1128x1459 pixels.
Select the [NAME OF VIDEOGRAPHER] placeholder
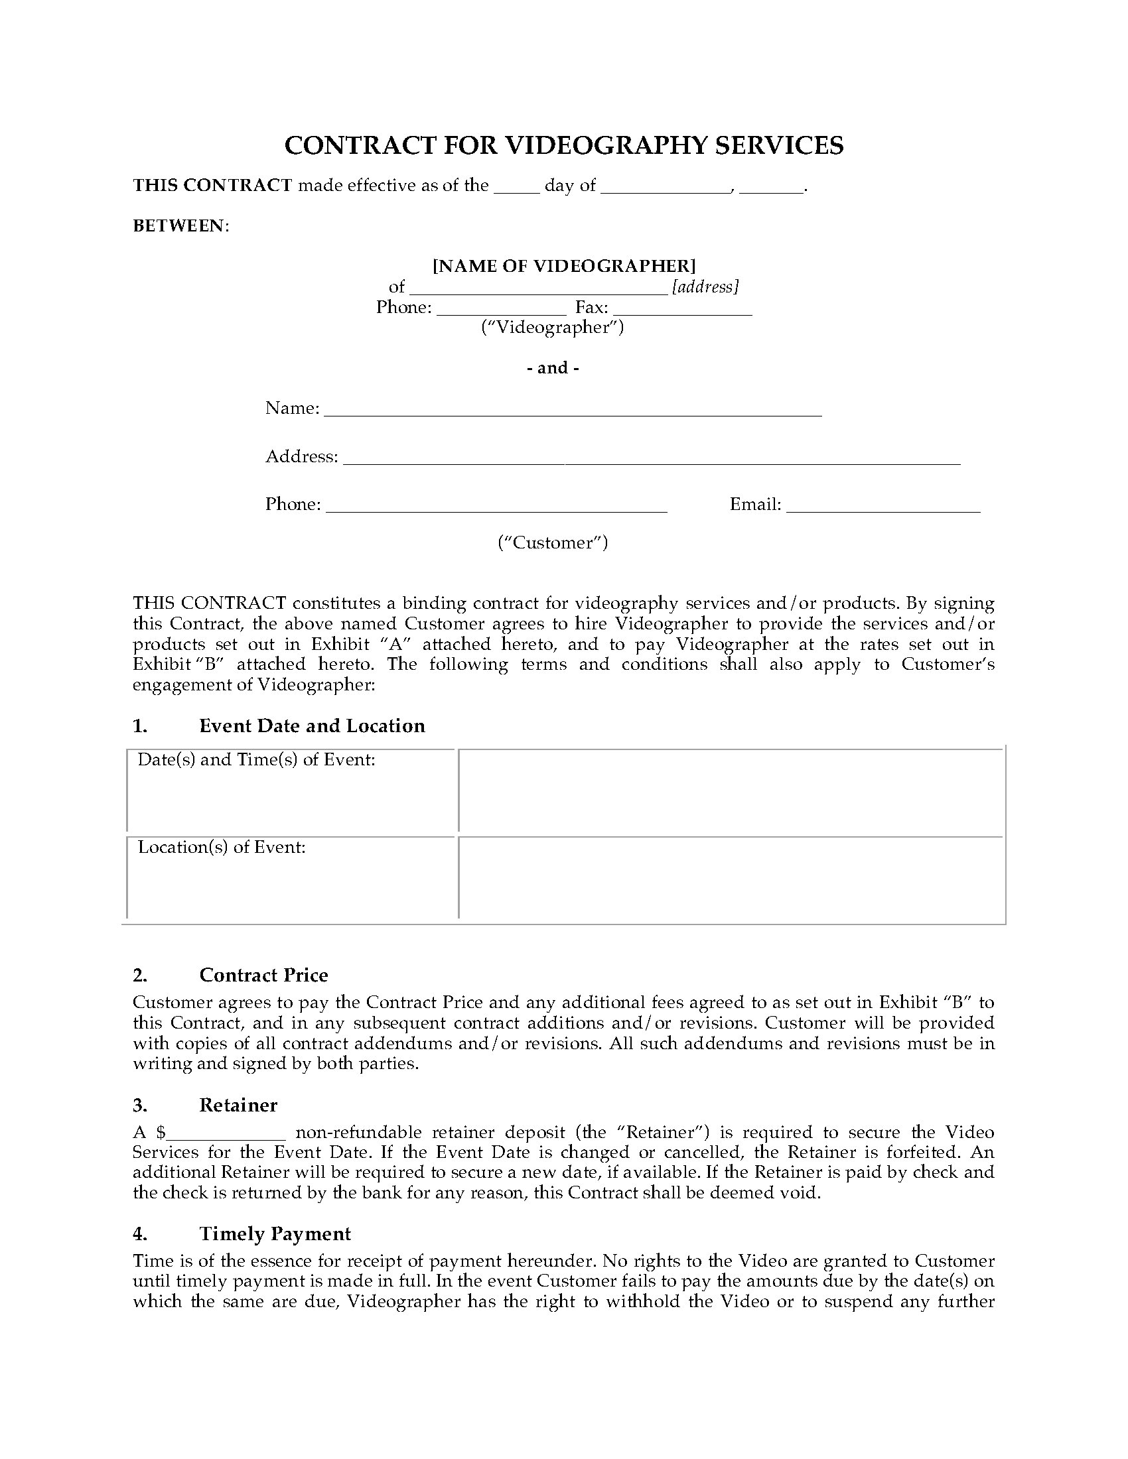pos(564,266)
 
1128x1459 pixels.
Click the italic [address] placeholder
pos(705,286)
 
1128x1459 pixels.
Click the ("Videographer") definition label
pos(553,328)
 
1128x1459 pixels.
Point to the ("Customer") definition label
pos(553,542)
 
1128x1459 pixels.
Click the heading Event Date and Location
pos(312,726)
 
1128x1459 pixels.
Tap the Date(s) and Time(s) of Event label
pos(257,760)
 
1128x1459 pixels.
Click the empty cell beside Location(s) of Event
pos(731,878)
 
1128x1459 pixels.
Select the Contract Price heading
pos(263,976)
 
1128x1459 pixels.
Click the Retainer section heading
pos(238,1105)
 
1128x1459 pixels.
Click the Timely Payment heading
pos(275,1234)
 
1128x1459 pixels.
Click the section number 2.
pos(139,976)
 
